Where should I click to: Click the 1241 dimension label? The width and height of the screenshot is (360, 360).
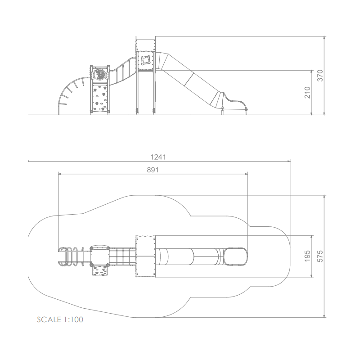click(x=158, y=157)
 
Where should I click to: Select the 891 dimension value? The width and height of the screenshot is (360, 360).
click(x=153, y=170)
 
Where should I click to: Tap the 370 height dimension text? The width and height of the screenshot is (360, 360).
click(x=320, y=76)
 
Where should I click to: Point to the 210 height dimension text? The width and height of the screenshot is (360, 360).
click(x=307, y=93)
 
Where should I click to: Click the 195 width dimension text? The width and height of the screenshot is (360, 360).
click(x=307, y=256)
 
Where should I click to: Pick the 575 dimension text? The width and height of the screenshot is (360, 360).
click(x=320, y=256)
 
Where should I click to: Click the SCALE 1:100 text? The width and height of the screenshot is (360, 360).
click(x=60, y=319)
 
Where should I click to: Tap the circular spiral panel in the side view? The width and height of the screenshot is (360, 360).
click(x=100, y=74)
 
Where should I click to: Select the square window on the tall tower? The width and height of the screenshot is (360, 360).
click(x=145, y=60)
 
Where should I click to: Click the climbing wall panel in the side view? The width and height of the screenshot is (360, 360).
click(x=100, y=97)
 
